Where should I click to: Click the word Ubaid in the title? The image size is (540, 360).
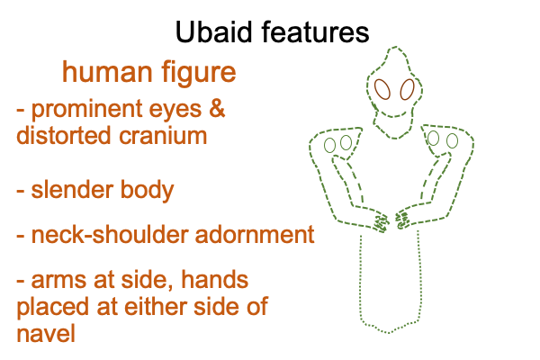(x=213, y=31)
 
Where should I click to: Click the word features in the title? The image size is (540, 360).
(x=316, y=31)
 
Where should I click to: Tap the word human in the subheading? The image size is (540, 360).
(x=107, y=72)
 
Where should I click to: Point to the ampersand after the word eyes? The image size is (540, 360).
(x=217, y=109)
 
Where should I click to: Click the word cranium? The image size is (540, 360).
(x=163, y=135)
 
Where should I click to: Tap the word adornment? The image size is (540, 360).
(x=255, y=235)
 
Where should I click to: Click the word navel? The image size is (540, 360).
(x=46, y=333)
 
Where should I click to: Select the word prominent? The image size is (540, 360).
(x=86, y=110)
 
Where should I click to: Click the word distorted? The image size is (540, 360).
(x=63, y=135)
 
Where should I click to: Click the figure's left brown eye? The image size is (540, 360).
(x=382, y=90)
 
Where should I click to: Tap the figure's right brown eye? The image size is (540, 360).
(x=408, y=90)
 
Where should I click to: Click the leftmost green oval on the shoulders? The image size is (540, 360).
(x=330, y=146)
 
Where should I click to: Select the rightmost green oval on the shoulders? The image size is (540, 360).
(x=452, y=141)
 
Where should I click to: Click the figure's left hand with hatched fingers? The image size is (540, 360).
(x=382, y=222)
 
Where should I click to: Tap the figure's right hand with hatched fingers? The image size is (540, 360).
(x=402, y=220)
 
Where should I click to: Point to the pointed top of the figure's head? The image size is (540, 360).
(x=395, y=47)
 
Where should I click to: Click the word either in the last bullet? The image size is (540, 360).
(x=157, y=306)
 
